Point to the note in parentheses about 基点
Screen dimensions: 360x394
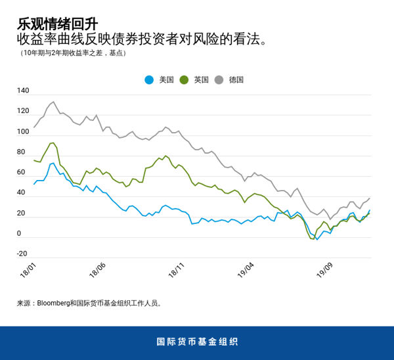pyautogui.click(x=73, y=53)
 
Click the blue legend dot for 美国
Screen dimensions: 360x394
pyautogui.click(x=149, y=80)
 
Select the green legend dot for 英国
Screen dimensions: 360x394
pyautogui.click(x=185, y=80)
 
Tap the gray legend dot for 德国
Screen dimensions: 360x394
pyautogui.click(x=219, y=80)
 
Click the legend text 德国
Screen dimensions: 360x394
pyautogui.click(x=236, y=80)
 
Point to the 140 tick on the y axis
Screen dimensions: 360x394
pyautogui.click(x=24, y=91)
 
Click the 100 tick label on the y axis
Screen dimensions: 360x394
pyautogui.click(x=24, y=131)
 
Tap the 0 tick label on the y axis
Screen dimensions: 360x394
pyautogui.click(x=19, y=233)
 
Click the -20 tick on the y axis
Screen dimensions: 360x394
pyautogui.click(x=22, y=254)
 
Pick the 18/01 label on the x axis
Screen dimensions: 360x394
pyautogui.click(x=28, y=270)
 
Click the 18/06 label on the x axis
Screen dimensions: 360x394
pyautogui.click(x=97, y=270)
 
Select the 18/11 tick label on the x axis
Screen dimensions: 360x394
pyautogui.click(x=177, y=270)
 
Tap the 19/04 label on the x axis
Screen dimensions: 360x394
pyautogui.click(x=246, y=270)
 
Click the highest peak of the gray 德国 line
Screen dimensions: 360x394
pyautogui.click(x=54, y=102)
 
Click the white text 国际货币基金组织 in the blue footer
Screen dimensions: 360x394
pyautogui.click(x=197, y=342)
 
